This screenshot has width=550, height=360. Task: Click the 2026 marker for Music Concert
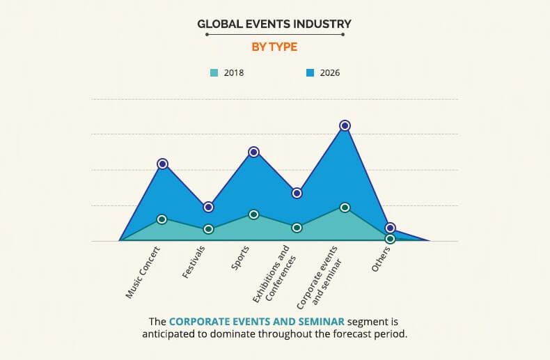coord(162,164)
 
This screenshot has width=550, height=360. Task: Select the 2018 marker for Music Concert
coord(162,219)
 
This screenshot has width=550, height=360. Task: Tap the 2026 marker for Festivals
coord(208,207)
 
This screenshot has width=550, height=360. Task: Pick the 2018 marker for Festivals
coord(208,228)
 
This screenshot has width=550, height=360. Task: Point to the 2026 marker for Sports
coord(254,152)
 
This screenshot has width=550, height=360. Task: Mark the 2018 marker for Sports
coord(254,214)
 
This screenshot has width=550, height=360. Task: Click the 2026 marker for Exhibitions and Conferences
coord(297,193)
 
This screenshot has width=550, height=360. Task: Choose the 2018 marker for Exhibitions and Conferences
coord(297,227)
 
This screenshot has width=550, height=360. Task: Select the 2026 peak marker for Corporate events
coord(345,125)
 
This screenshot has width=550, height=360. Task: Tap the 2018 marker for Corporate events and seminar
coord(345,207)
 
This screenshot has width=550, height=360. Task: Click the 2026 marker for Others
coord(391,228)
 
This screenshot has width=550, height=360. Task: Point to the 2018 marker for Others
coord(391,238)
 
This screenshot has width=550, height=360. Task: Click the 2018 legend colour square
coord(214,72)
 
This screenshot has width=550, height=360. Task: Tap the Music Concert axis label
coord(143,272)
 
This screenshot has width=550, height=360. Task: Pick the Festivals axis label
coord(194,262)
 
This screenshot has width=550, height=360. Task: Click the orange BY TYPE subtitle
coord(274,47)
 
